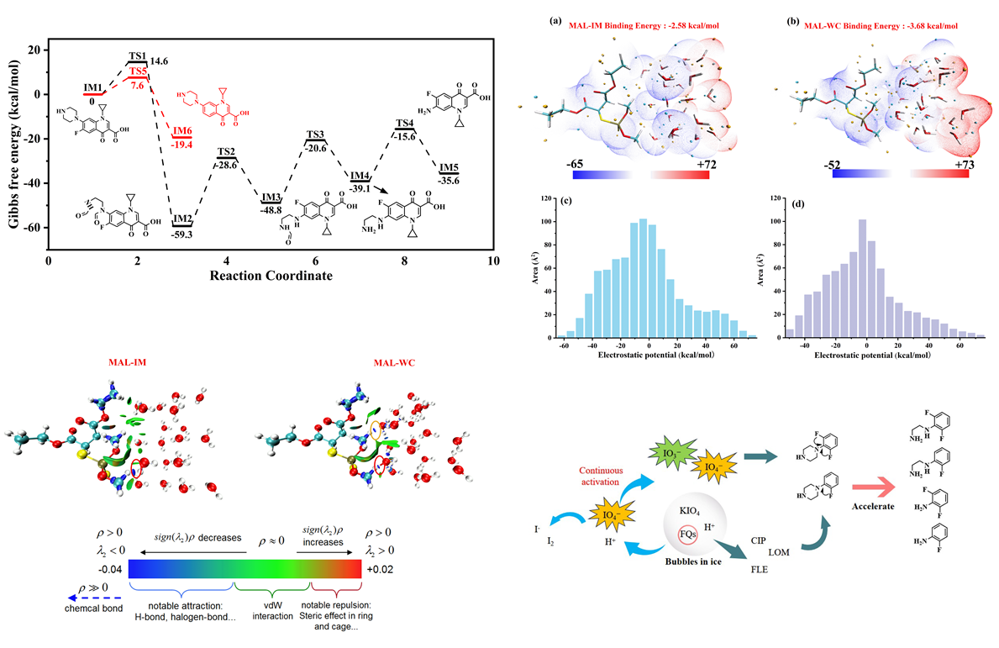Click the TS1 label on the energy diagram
pos(136,55)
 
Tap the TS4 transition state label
pos(406,124)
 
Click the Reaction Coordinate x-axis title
pos(270,276)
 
